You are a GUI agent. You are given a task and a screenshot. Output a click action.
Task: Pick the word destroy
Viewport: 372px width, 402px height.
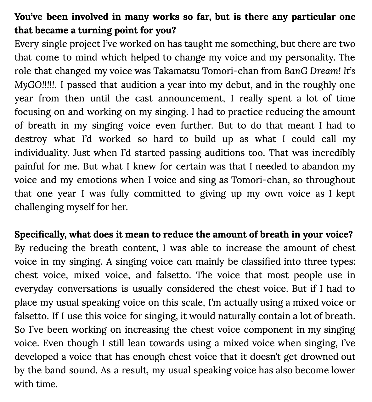pos(31,139)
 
